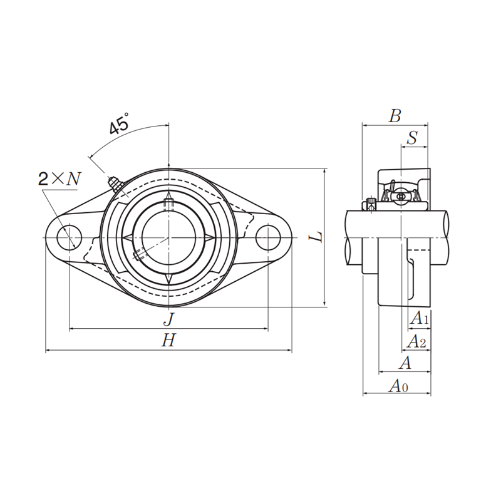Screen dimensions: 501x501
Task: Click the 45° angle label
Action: pyautogui.click(x=118, y=124)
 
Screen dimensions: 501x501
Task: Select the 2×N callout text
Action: pyautogui.click(x=59, y=179)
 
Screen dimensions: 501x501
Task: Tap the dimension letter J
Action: pyautogui.click(x=168, y=319)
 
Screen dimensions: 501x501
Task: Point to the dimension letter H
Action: pyautogui.click(x=168, y=341)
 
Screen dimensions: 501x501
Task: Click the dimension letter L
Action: pyautogui.click(x=318, y=237)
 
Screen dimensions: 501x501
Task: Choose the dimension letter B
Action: pyautogui.click(x=395, y=116)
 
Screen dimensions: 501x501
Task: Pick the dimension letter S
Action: pyautogui.click(x=413, y=138)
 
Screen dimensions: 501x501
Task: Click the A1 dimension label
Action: pyautogui.click(x=419, y=319)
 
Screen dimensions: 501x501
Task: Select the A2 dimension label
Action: pyautogui.click(x=416, y=341)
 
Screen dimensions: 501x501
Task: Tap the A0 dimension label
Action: pyautogui.click(x=398, y=386)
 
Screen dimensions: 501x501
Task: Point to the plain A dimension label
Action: pyautogui.click(x=405, y=363)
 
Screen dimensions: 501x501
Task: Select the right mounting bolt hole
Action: pyautogui.click(x=267, y=238)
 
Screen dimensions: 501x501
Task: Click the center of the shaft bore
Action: pyautogui.click(x=168, y=238)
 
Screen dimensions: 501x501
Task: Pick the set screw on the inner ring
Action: pyautogui.click(x=139, y=255)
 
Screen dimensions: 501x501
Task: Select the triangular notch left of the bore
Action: pyautogui.click(x=128, y=238)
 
